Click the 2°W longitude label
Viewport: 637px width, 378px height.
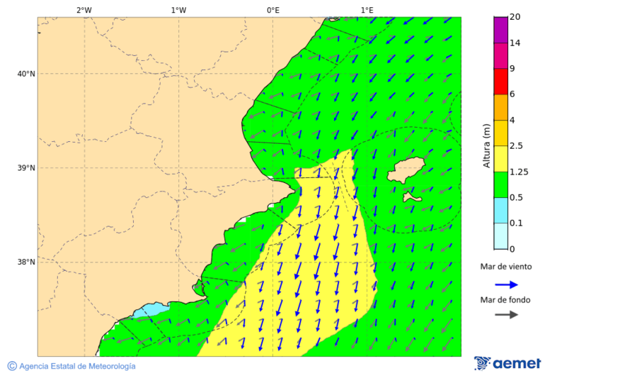[x=84, y=10]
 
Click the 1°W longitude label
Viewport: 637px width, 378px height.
[x=178, y=10]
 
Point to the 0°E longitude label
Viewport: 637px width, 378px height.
[x=272, y=10]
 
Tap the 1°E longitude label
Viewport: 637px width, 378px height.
[x=367, y=10]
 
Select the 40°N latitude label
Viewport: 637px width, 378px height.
[x=25, y=74]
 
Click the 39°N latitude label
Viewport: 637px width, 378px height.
[x=25, y=168]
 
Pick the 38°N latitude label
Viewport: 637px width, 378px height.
[x=25, y=262]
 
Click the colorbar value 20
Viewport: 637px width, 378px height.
[x=515, y=17]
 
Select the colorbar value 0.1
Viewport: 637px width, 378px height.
[x=516, y=223]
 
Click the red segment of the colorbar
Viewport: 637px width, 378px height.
[x=500, y=81]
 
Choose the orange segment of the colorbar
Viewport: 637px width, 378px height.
[x=500, y=107]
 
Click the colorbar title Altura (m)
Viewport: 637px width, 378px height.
[x=486, y=145]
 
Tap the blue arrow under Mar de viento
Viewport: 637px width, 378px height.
[x=506, y=284]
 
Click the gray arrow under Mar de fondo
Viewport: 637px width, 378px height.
[x=506, y=315]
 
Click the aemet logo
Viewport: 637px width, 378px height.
[x=507, y=363]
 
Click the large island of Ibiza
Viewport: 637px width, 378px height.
[x=406, y=171]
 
